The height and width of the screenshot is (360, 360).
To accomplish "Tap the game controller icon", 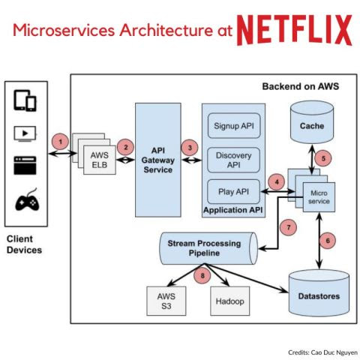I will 26,202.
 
